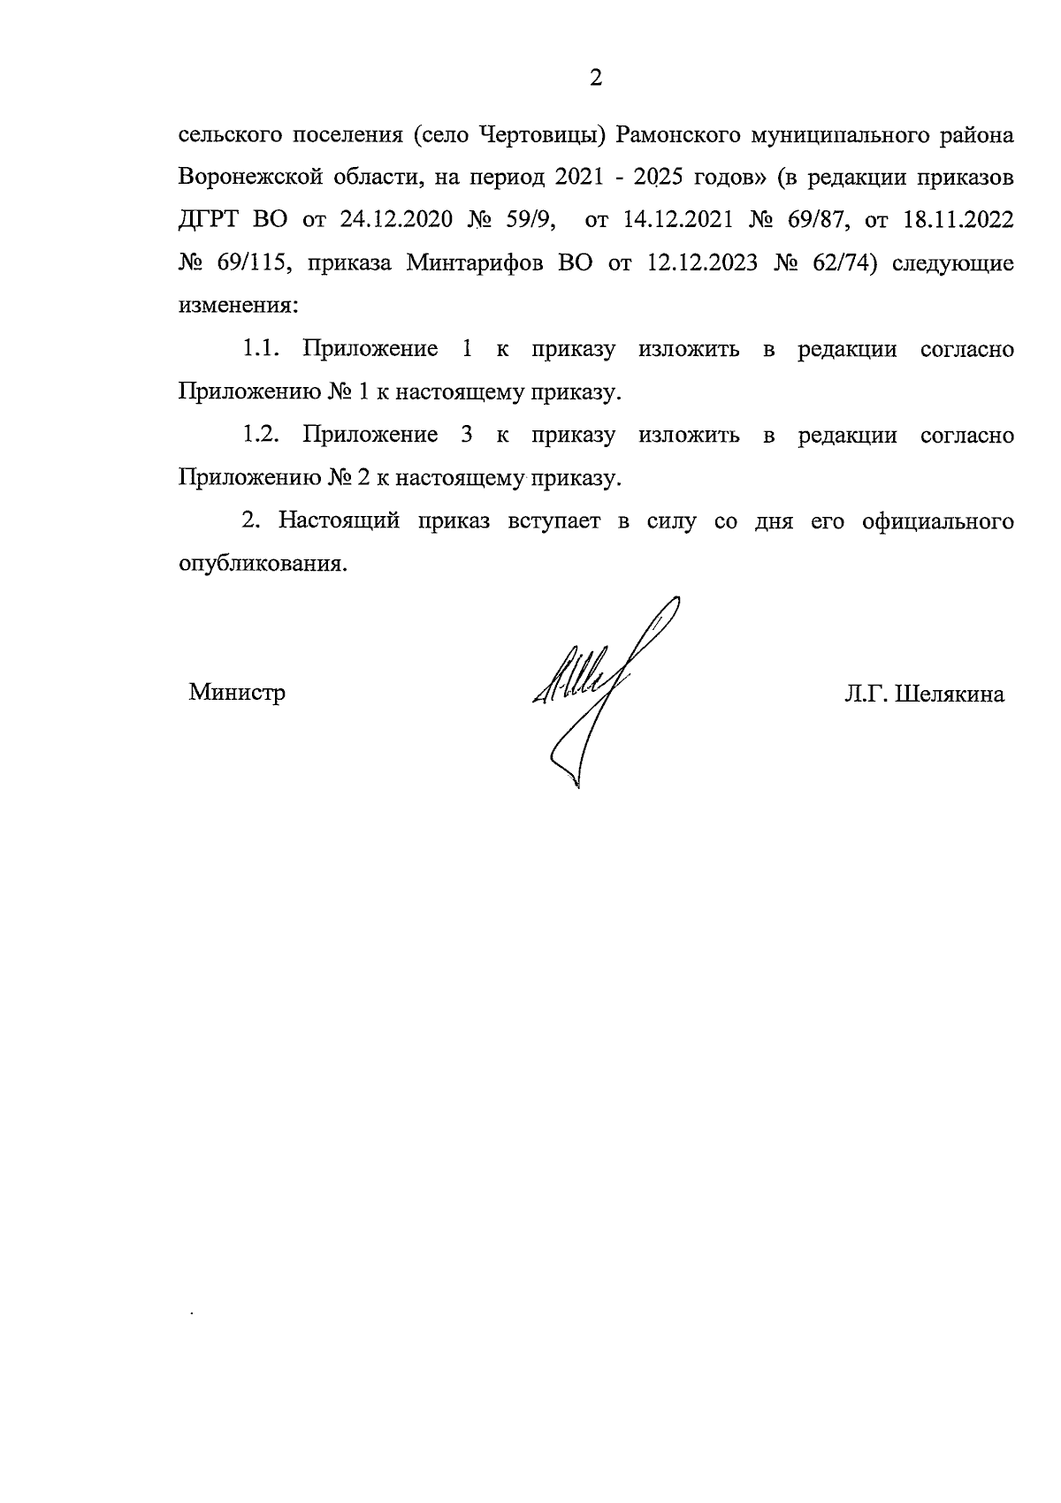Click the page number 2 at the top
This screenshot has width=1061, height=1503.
pos(595,80)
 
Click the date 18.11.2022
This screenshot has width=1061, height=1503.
pos(958,220)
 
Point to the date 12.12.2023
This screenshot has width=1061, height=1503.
pos(695,263)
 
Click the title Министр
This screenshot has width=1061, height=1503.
pos(237,693)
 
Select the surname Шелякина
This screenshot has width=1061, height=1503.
pos(950,695)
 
